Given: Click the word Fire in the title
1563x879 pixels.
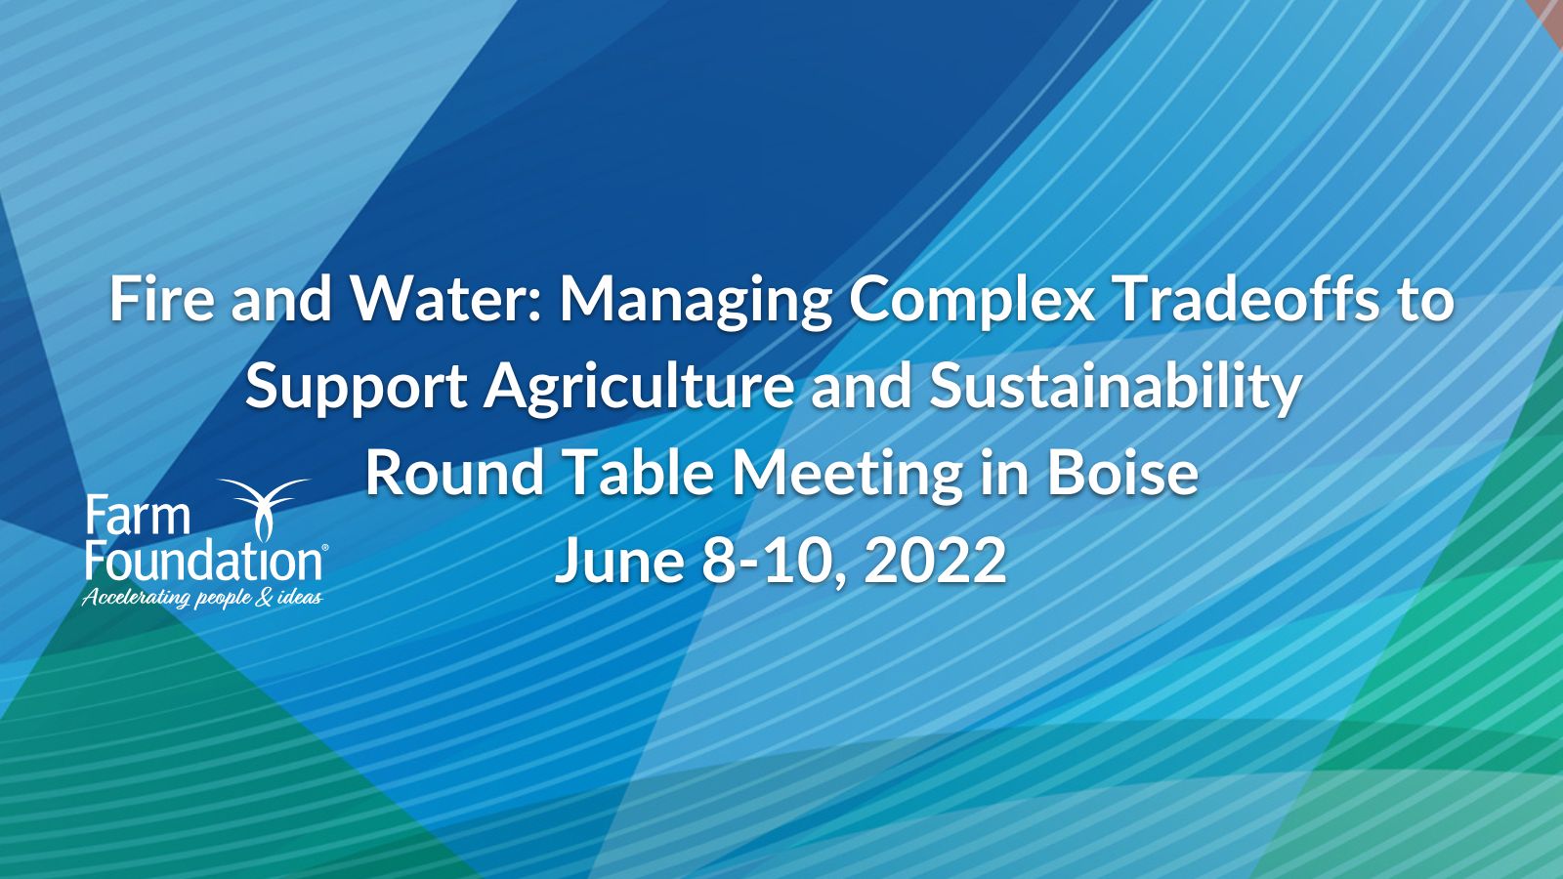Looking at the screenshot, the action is click(161, 300).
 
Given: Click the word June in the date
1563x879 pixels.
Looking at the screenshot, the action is click(620, 561).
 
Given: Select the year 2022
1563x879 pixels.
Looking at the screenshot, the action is click(935, 561).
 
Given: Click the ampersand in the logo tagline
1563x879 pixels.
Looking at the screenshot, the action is click(264, 598).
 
